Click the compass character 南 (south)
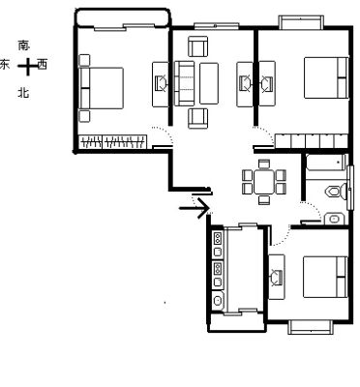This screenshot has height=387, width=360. point(24,45)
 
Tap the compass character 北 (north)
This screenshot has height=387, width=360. point(23,93)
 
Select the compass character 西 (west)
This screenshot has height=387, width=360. point(43,64)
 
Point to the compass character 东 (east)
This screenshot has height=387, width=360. point(5,64)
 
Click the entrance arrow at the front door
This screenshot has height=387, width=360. point(195,208)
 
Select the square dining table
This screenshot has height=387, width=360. point(264,182)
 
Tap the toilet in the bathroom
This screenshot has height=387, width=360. point(336,192)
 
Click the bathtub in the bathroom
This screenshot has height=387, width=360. point(326,163)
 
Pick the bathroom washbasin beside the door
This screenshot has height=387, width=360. point(335,219)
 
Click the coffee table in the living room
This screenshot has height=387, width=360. point(209,83)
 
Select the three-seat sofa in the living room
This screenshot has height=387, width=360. point(184,83)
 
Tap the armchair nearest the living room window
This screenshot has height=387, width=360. point(198,46)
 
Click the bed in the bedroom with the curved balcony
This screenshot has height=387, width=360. point(102,88)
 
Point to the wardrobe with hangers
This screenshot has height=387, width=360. point(113,142)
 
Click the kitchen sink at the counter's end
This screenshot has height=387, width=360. point(219,301)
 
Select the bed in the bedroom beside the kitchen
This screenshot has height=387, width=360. point(325,277)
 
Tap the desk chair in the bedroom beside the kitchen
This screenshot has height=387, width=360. point(277,278)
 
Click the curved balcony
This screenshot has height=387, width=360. point(122,17)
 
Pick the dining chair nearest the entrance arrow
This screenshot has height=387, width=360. point(248,189)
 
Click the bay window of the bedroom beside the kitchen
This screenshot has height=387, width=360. point(310,327)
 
